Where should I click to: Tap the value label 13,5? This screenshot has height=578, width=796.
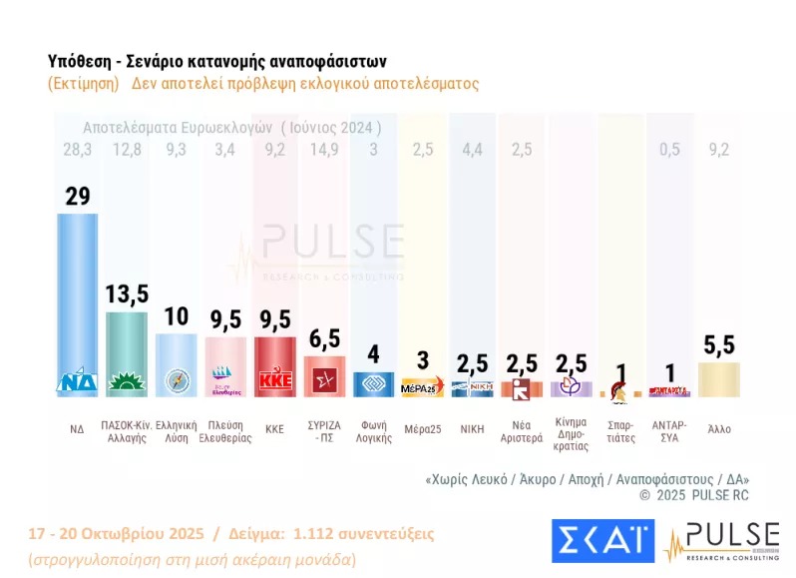[x=127, y=293]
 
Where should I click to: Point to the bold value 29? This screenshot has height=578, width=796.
[x=77, y=196]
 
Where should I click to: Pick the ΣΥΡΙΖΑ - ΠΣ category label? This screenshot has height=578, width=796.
[x=324, y=431]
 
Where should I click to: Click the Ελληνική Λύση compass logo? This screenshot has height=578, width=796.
[x=177, y=380]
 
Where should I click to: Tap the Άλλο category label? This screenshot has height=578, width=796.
[x=719, y=428]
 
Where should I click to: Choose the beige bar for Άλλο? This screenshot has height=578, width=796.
[x=719, y=379]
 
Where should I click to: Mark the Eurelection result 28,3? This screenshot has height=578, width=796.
[x=76, y=151]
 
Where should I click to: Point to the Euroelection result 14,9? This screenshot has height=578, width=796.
[x=324, y=151]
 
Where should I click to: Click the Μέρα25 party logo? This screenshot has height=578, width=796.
[x=422, y=386]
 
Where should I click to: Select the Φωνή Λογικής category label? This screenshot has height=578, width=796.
[x=373, y=431]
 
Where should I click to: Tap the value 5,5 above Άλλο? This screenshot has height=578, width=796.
[x=719, y=344]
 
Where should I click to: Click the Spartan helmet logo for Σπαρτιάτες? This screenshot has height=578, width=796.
[x=618, y=388]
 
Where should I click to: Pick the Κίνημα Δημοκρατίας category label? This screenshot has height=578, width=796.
[x=571, y=437]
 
